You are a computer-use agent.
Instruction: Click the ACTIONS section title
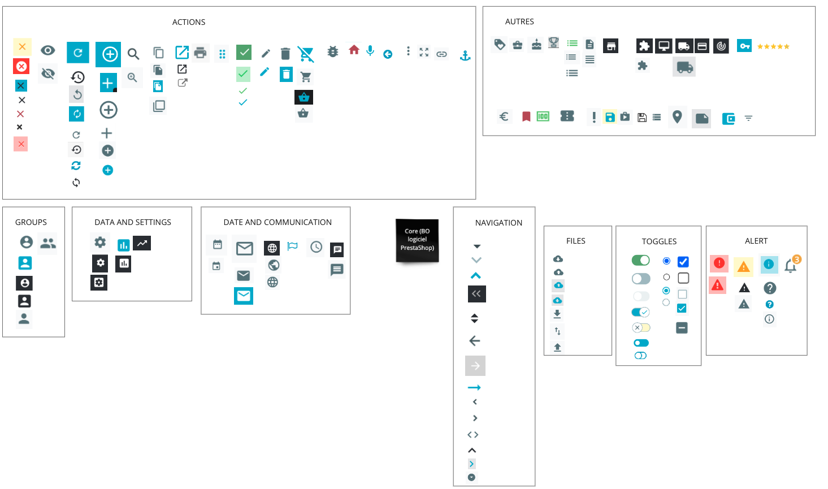click(189, 22)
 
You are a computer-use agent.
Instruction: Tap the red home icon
click(354, 50)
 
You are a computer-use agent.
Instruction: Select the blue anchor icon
click(465, 55)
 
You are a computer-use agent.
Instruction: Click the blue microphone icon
click(370, 51)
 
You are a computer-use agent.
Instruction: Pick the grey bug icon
click(333, 51)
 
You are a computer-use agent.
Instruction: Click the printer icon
click(200, 53)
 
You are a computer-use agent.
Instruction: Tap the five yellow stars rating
click(773, 46)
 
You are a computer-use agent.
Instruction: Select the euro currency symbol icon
click(504, 116)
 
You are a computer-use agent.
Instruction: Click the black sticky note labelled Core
click(417, 240)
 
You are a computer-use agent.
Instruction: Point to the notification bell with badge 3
click(791, 265)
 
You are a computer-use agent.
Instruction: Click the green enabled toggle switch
click(640, 260)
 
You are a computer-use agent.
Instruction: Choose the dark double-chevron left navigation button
click(476, 294)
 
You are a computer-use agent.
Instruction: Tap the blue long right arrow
click(474, 387)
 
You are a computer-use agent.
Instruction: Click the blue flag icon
click(292, 246)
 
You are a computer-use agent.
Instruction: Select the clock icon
click(316, 247)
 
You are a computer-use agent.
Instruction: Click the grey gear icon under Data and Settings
click(100, 243)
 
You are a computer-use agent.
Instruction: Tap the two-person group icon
click(48, 243)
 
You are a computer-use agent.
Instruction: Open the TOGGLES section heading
click(659, 241)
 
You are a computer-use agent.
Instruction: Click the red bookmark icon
click(526, 116)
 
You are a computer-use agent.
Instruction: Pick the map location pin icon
click(677, 116)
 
